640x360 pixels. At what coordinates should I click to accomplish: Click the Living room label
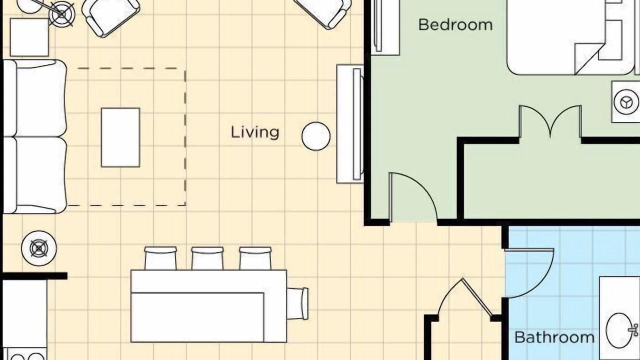(x=255, y=133)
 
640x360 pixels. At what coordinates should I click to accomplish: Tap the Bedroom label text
(x=455, y=25)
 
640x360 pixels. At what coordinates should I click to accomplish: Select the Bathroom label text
(x=554, y=337)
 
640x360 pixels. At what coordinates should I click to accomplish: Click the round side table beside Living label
(x=316, y=136)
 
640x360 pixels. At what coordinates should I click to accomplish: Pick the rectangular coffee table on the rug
(x=120, y=137)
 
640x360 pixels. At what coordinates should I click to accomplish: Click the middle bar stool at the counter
(x=207, y=258)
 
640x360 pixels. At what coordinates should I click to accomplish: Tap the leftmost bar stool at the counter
(x=160, y=258)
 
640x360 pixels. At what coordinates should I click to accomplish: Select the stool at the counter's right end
(x=297, y=303)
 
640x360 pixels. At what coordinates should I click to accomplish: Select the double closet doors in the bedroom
(x=550, y=121)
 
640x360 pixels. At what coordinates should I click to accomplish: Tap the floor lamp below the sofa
(x=39, y=248)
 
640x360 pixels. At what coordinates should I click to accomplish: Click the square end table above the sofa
(x=29, y=37)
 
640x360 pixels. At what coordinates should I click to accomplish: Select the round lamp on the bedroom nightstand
(x=625, y=102)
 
